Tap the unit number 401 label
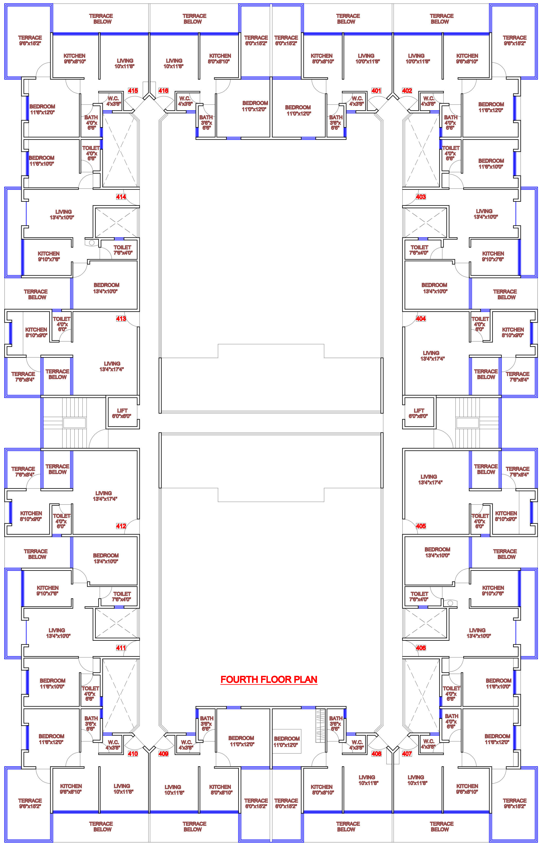(x=376, y=91)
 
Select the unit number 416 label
(x=163, y=91)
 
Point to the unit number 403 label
(x=421, y=197)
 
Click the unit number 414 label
(x=121, y=197)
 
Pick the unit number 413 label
(x=121, y=318)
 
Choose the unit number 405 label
(x=421, y=526)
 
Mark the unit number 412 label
(x=121, y=526)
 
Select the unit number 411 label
(x=121, y=648)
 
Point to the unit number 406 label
(x=421, y=648)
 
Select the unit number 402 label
(x=407, y=91)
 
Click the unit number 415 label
(x=133, y=91)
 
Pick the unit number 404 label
(x=421, y=318)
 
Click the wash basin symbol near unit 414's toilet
(x=92, y=242)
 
